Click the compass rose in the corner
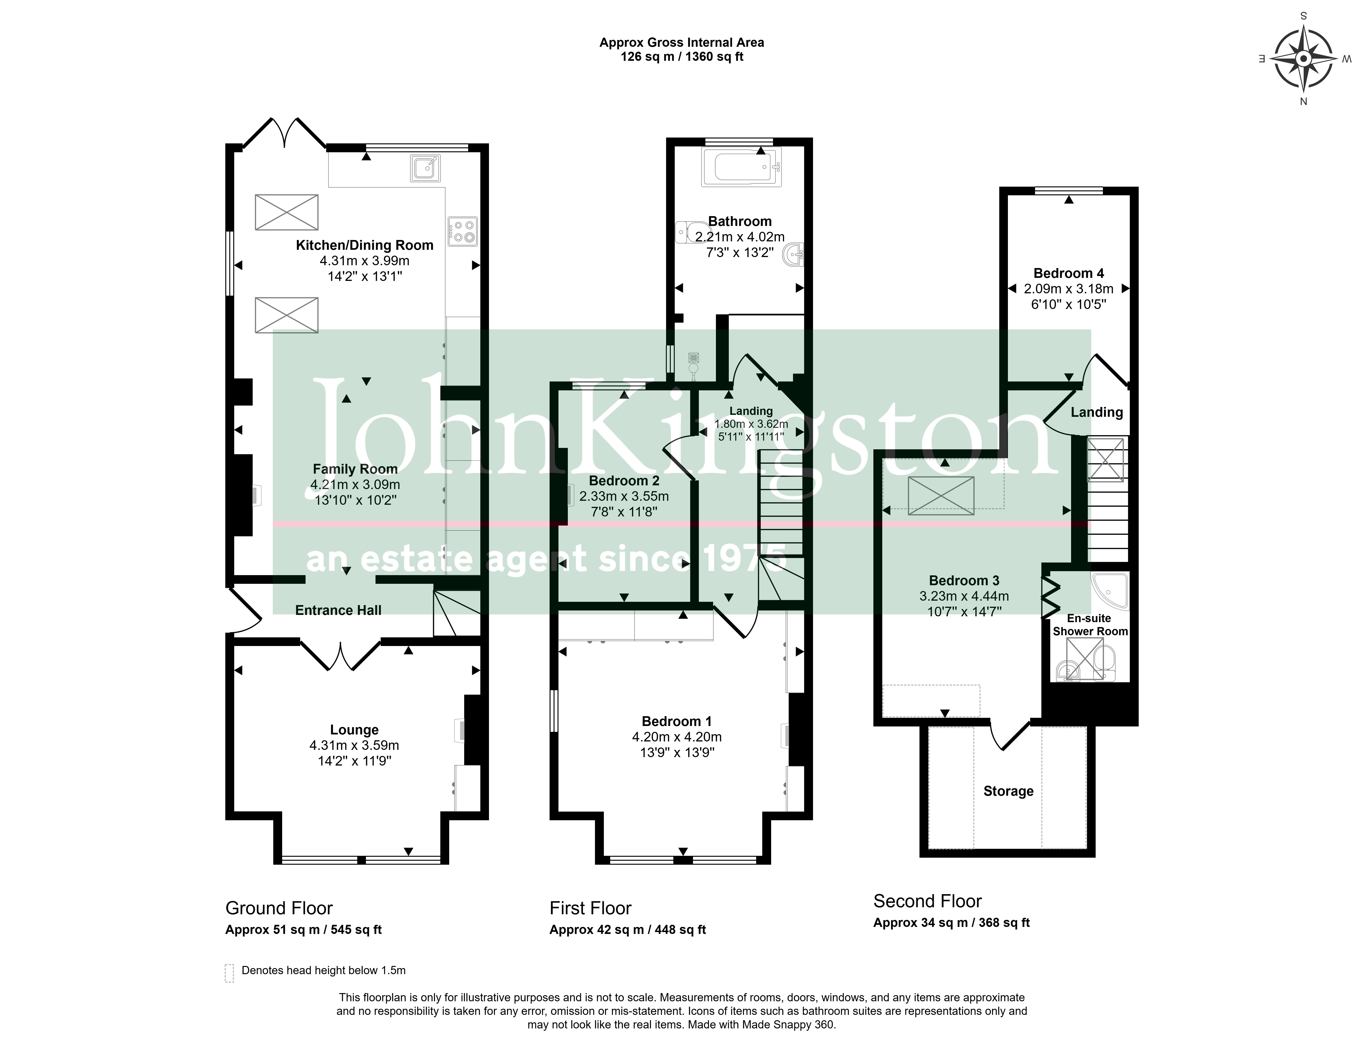[x=1303, y=59]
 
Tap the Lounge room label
[x=354, y=730]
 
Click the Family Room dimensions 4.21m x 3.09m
[x=355, y=485]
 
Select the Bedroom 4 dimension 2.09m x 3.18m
[x=1069, y=288]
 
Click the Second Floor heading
[x=927, y=901]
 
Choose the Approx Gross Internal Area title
[x=681, y=43]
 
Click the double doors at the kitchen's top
[x=284, y=132]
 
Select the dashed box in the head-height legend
[x=229, y=973]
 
